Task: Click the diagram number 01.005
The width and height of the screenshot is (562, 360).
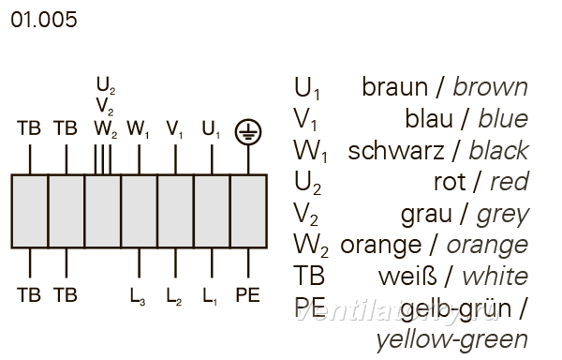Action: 44,20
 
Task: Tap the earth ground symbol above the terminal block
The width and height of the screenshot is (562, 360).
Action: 248,132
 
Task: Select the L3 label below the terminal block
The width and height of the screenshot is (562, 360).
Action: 138,296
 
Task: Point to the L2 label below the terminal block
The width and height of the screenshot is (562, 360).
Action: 174,296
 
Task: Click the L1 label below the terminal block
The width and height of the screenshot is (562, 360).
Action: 210,296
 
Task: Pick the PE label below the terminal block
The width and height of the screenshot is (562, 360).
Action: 247,295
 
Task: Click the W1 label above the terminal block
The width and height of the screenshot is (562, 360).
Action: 138,129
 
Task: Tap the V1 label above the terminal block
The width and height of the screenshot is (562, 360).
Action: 174,129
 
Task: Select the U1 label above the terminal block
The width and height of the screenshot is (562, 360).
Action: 211,129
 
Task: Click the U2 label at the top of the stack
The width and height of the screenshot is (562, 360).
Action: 106,85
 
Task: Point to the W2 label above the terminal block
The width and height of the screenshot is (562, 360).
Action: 106,129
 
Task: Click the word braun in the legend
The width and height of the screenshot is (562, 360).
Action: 395,87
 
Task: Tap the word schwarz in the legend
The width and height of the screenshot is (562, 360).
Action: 396,151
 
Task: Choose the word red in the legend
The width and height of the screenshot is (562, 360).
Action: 509,182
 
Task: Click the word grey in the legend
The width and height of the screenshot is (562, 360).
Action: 502,216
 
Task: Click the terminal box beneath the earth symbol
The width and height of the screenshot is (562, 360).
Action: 248,211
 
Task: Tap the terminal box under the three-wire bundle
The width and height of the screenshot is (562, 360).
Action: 103,211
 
